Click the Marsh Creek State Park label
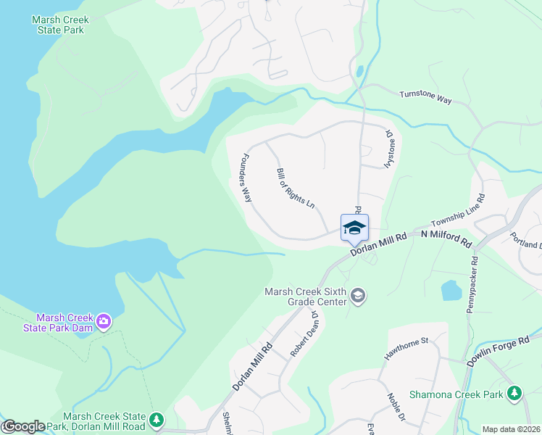(58, 25)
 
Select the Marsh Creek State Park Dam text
(65, 324)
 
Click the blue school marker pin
(354, 228)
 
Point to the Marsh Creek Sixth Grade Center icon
(357, 296)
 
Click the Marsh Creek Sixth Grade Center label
(306, 298)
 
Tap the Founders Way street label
(246, 178)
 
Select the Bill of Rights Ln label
(296, 188)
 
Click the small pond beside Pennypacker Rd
(451, 291)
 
